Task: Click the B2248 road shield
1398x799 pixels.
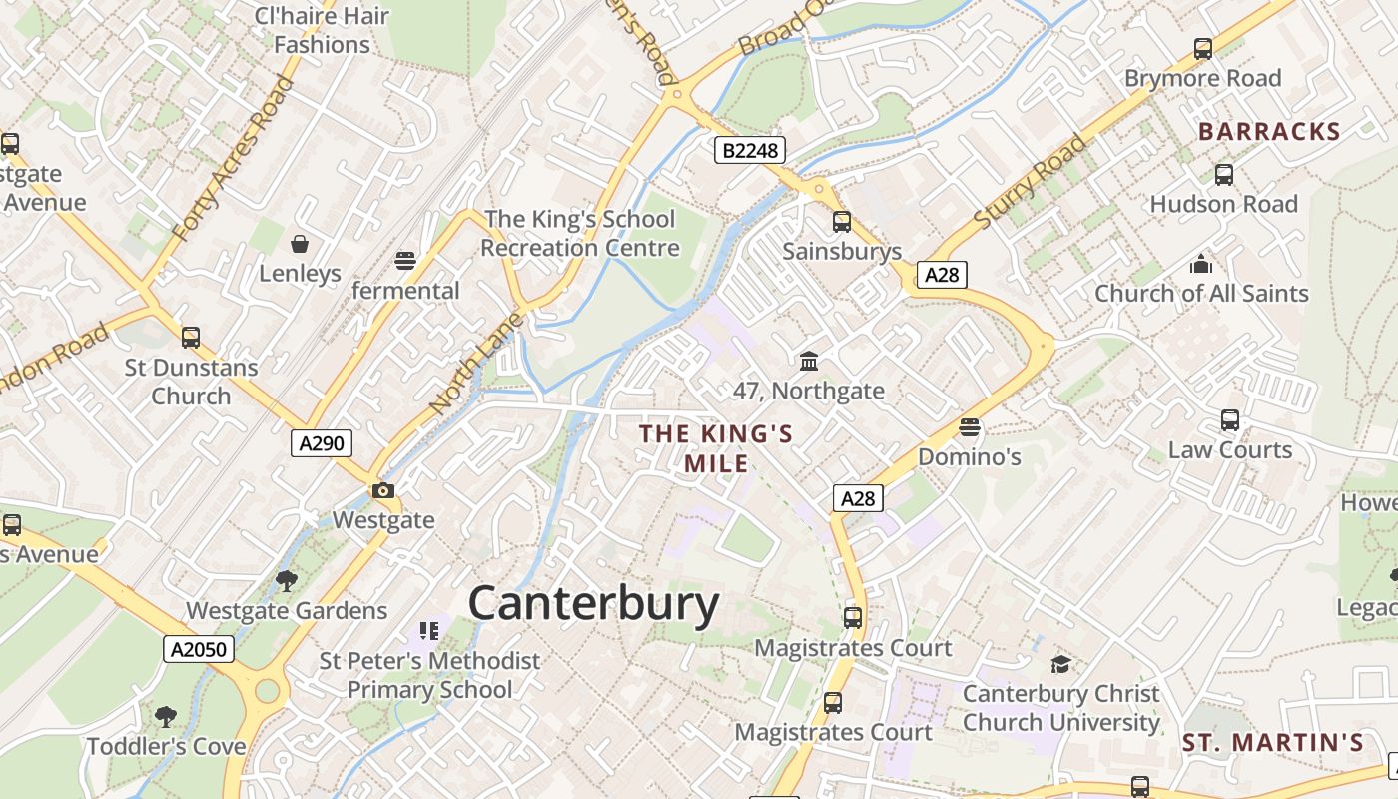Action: tap(750, 150)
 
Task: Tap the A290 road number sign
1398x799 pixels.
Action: tap(322, 442)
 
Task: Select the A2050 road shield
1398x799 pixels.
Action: tap(199, 649)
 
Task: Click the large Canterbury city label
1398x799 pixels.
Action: tap(593, 604)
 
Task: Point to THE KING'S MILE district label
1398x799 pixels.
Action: tap(716, 448)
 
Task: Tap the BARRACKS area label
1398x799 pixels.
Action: tap(1269, 132)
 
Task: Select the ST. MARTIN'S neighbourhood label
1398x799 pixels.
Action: tap(1273, 743)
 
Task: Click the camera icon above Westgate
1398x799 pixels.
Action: tap(382, 490)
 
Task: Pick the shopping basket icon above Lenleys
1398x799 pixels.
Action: tap(300, 243)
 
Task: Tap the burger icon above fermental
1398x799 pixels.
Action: tap(405, 261)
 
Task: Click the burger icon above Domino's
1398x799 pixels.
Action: tap(969, 427)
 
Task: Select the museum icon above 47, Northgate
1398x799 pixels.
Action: tap(809, 361)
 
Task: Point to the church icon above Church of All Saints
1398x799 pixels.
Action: tap(1200, 264)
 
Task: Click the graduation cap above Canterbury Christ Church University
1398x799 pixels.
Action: tap(1060, 664)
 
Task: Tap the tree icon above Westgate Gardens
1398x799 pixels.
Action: tap(287, 580)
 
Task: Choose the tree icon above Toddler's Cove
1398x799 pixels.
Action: tap(166, 716)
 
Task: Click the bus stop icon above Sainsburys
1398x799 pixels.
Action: tap(842, 222)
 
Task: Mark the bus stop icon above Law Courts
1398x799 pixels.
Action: tap(1230, 420)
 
